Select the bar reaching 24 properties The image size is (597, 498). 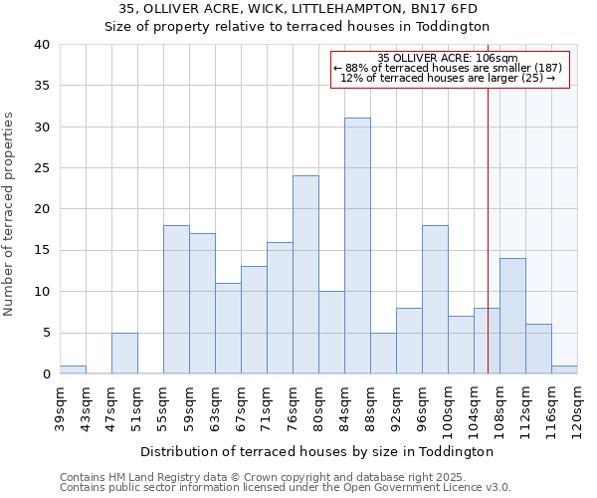(305, 275)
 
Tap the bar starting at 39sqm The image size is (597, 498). (73, 370)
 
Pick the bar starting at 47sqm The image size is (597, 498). (124, 354)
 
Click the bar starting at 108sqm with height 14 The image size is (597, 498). (512, 316)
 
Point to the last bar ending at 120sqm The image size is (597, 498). (564, 370)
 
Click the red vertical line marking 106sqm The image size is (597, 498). (488, 219)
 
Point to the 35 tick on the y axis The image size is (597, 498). (42, 86)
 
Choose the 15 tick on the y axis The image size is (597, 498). (42, 250)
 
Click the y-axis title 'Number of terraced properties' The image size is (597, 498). (10, 213)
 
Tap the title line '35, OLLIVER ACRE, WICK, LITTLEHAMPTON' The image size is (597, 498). (298, 8)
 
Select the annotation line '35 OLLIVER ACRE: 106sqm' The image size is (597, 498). (448, 59)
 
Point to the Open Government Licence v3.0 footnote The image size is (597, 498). (286, 487)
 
